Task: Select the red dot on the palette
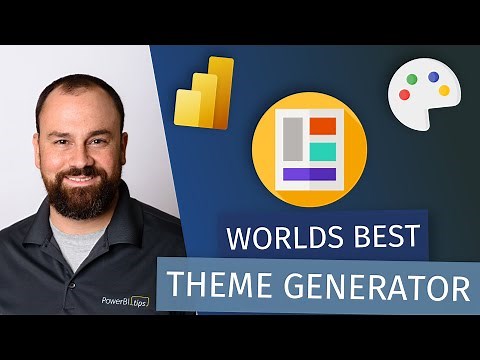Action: pyautogui.click(x=404, y=95)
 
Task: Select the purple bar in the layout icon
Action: pyautogui.click(x=309, y=173)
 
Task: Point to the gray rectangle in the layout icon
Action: pyautogui.click(x=294, y=139)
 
